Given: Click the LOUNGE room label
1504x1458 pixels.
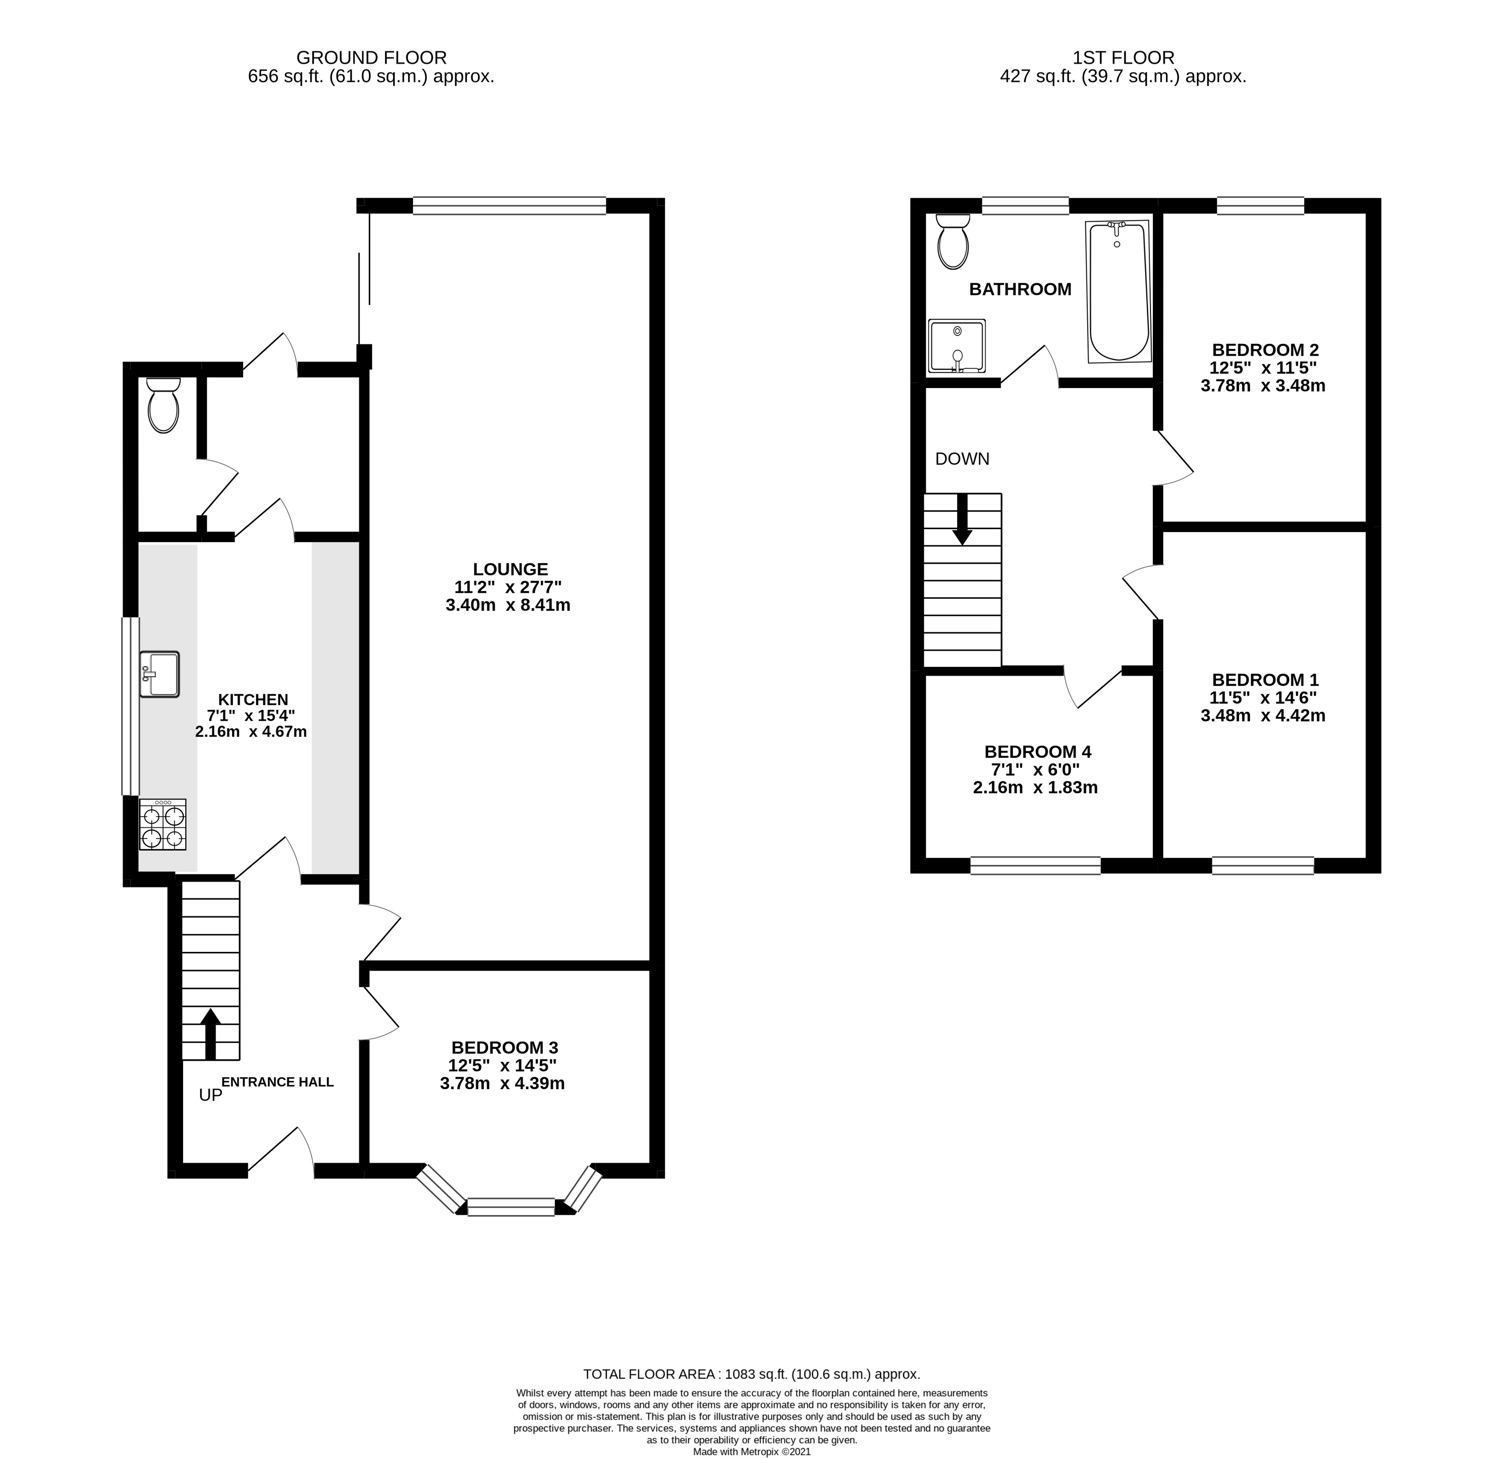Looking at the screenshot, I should [x=510, y=569].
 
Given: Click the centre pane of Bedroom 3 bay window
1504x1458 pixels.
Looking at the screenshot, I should [x=511, y=1206].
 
